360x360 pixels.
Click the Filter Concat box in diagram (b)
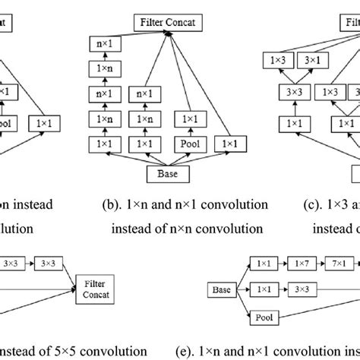(x=168, y=23)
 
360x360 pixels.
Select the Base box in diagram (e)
(x=223, y=290)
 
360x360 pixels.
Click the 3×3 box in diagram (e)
(x=302, y=290)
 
